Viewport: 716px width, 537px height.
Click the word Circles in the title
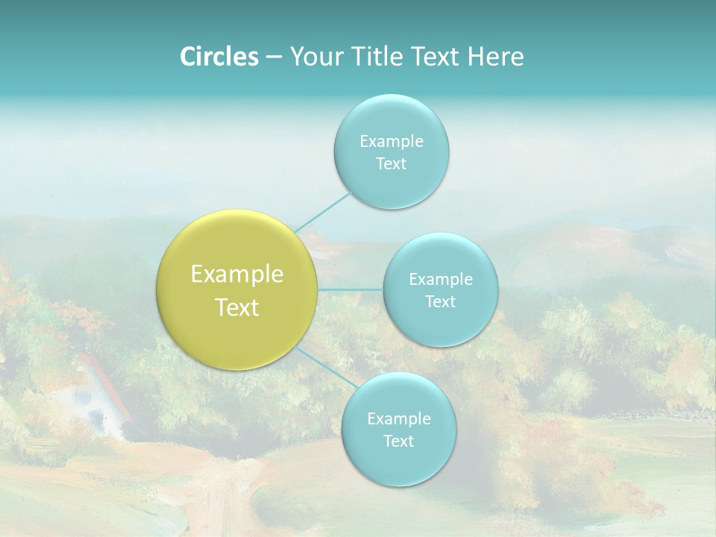219,57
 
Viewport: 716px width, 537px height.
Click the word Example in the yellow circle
237,274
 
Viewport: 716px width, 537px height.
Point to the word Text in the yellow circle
237,307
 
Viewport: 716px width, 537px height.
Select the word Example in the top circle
392,141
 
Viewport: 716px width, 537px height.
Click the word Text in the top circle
391,163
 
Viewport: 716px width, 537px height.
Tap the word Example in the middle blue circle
441,279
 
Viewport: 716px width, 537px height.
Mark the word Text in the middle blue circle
440,301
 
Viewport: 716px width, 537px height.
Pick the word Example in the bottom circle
399,418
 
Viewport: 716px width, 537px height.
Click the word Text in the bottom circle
398,441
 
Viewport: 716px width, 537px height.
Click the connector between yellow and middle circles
351,289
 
